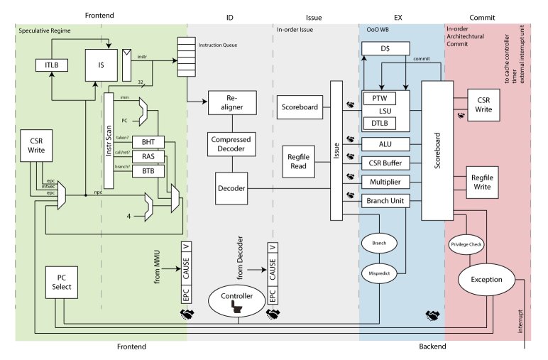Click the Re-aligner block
click(x=226, y=102)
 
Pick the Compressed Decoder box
click(x=226, y=145)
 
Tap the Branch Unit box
click(x=385, y=201)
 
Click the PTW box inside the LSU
click(x=378, y=97)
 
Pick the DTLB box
click(x=378, y=124)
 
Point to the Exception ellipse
click(x=487, y=279)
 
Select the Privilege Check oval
click(x=466, y=244)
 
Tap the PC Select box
click(x=61, y=282)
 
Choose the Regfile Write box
click(x=484, y=182)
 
